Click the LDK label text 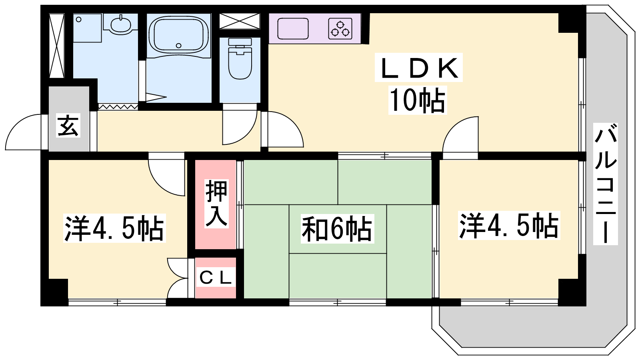[418, 68]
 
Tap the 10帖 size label [418, 100]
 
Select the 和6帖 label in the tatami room [337, 228]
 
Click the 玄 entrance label [68, 125]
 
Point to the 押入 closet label [216, 204]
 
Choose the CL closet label [216, 278]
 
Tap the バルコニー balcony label [606, 184]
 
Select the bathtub [178, 35]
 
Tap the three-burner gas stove [340, 28]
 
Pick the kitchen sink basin [293, 28]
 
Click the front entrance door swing [24, 132]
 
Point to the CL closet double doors [177, 278]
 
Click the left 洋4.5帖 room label [114, 228]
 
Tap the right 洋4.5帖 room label [509, 226]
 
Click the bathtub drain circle [178, 46]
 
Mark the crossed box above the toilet [240, 21]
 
